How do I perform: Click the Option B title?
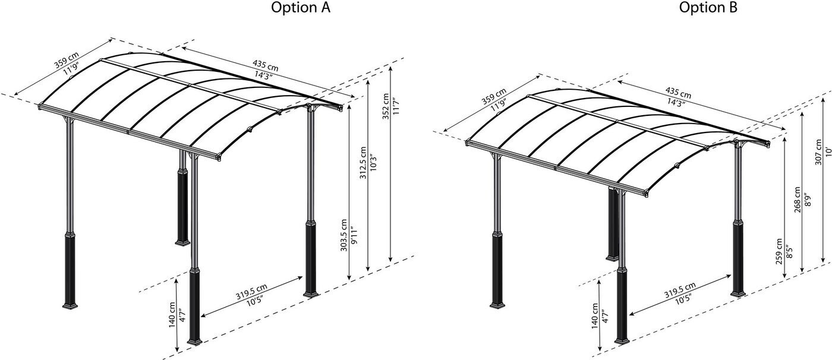(708, 8)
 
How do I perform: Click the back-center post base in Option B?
(612, 256)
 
